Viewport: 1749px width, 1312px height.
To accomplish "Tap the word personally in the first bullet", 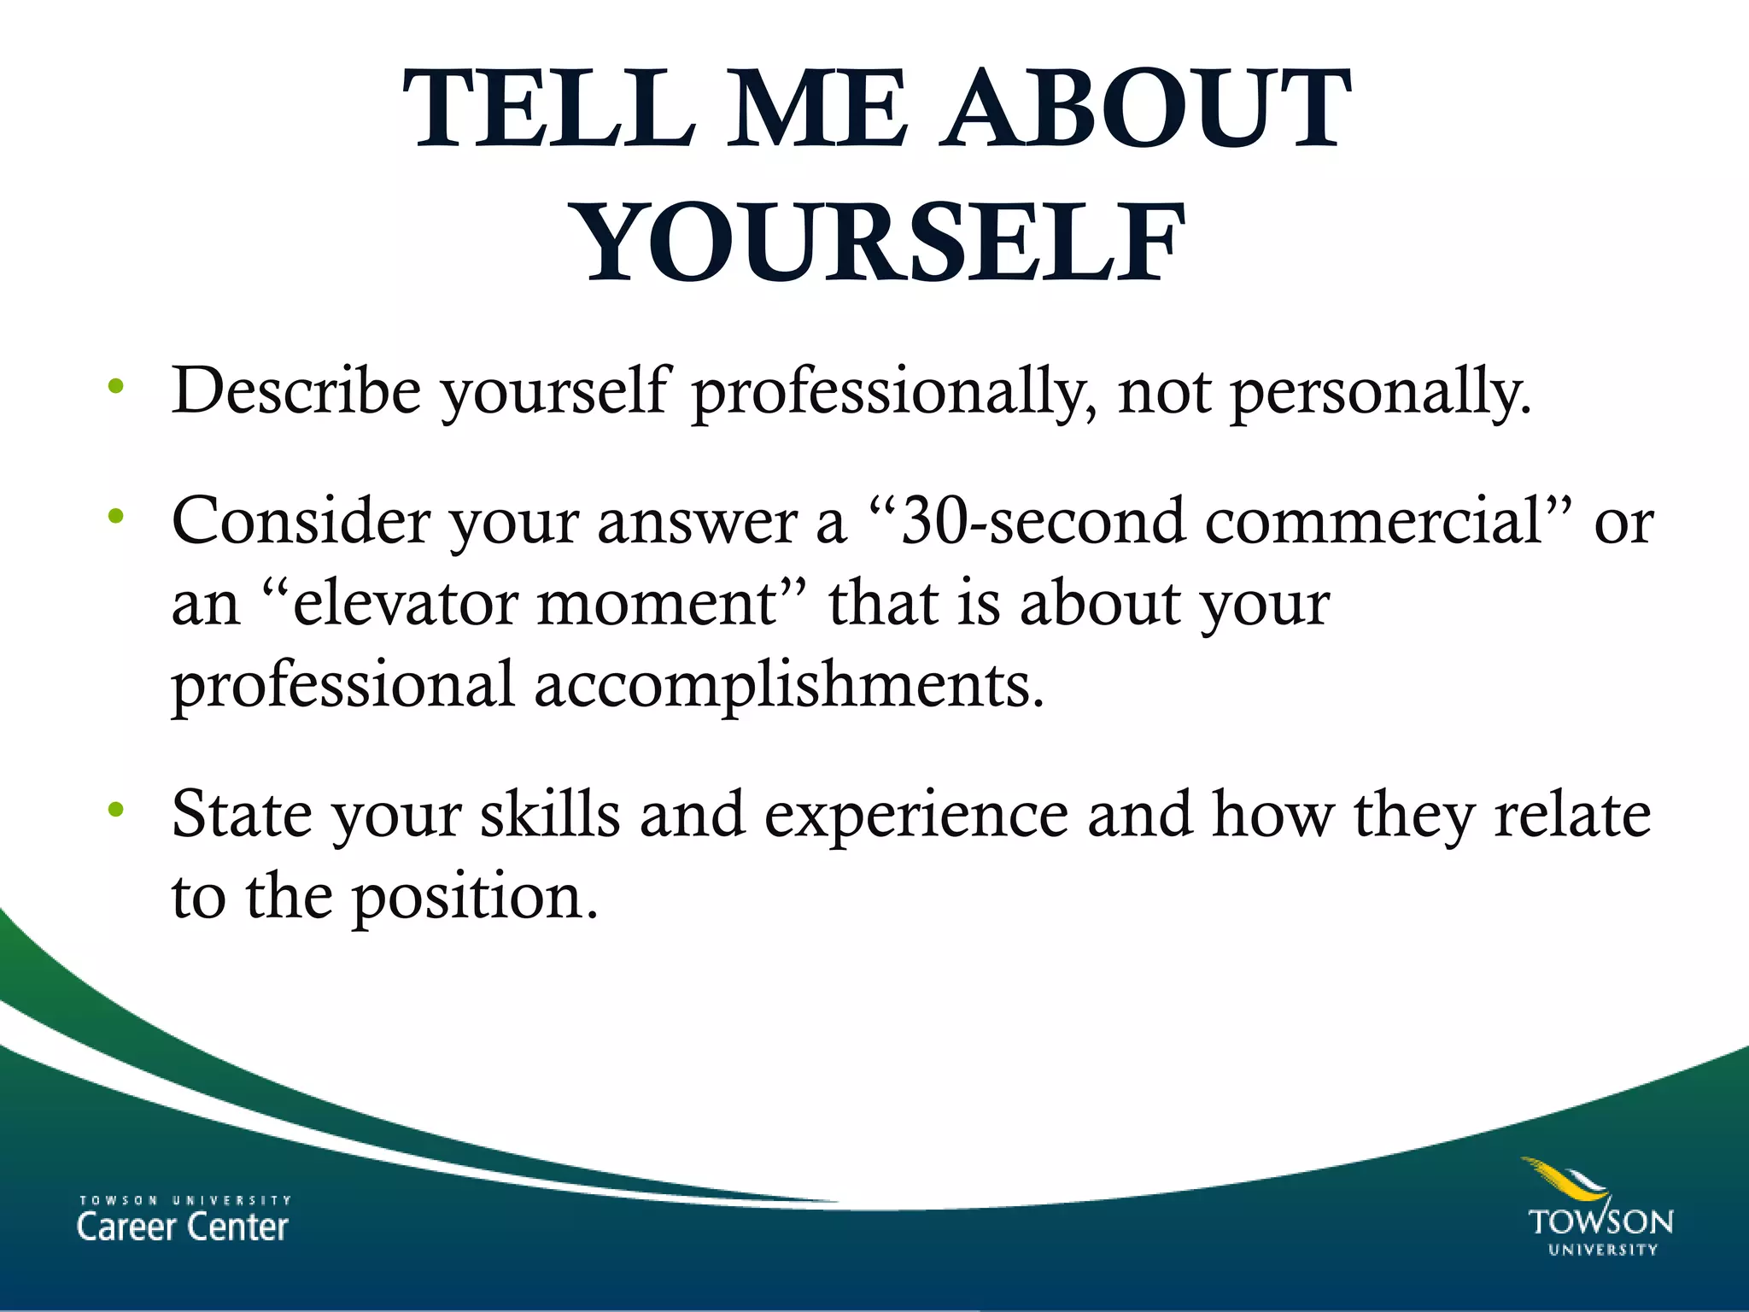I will tap(1379, 393).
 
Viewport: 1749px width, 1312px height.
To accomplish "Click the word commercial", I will tap(1375, 521).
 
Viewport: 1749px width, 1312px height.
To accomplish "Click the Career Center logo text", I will tap(183, 1227).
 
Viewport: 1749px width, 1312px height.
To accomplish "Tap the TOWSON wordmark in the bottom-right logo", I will tap(1600, 1222).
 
